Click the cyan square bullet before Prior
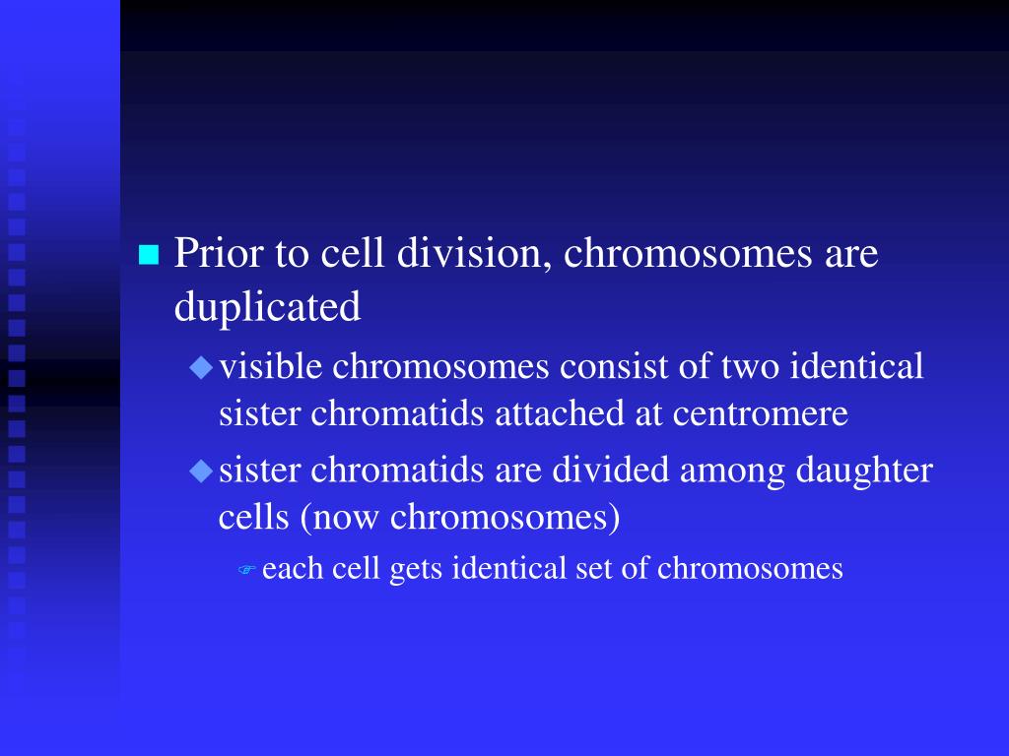149,256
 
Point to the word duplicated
267,308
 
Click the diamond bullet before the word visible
201,368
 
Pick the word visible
270,367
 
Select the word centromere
761,414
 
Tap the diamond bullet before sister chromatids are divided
201,472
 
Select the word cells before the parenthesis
251,517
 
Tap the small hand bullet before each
247,570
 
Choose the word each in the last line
288,569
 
